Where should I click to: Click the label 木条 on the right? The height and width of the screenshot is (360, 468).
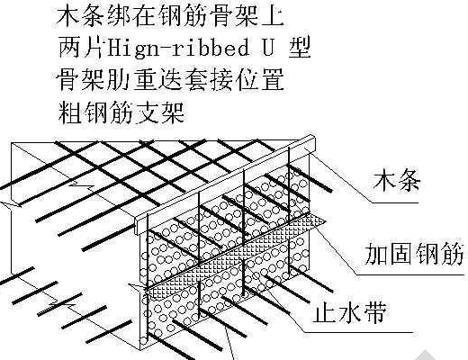click(x=396, y=181)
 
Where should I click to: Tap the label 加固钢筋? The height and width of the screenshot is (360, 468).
click(x=415, y=255)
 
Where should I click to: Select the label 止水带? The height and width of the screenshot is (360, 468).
click(x=349, y=312)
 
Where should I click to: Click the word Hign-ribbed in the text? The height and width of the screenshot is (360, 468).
click(x=178, y=48)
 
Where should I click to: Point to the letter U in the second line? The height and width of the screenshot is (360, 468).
click(x=268, y=47)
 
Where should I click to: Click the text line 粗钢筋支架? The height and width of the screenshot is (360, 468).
click(x=121, y=112)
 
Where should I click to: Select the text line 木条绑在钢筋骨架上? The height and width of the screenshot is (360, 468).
click(x=170, y=15)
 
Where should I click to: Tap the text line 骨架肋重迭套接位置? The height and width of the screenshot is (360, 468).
click(x=170, y=80)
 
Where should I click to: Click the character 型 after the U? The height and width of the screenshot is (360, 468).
click(x=299, y=48)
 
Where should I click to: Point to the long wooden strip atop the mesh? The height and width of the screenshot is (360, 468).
click(x=225, y=184)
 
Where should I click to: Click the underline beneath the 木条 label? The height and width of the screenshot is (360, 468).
click(x=395, y=202)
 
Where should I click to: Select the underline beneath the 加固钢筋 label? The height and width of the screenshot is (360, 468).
click(x=411, y=274)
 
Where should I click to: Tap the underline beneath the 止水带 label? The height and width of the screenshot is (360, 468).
click(x=358, y=332)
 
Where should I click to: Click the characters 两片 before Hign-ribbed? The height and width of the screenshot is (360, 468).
click(x=82, y=48)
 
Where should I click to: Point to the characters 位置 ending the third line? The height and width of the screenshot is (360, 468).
click(x=260, y=80)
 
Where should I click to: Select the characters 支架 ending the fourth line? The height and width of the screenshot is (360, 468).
click(x=159, y=112)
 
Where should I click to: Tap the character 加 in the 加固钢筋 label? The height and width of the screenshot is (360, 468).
click(x=376, y=255)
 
